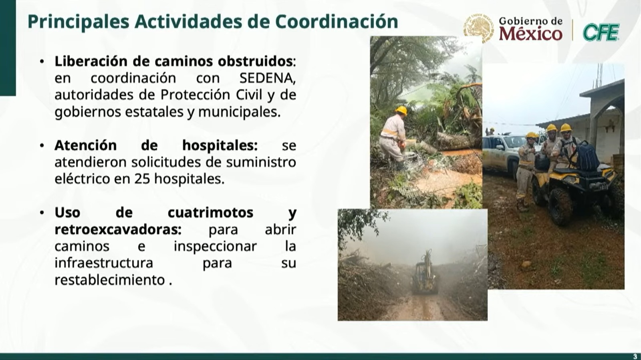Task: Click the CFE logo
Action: pos(601,32)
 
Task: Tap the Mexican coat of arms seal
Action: pos(478,28)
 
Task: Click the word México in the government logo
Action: pos(531,34)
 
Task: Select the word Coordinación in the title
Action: pos(337,22)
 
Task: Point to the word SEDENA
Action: pos(267,78)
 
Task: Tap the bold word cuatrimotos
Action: pos(210,213)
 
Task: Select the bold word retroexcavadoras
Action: pos(118,229)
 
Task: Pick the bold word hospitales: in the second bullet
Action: pos(220,146)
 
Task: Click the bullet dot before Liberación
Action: pos(42,62)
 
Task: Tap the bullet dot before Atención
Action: pos(42,145)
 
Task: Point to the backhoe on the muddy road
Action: pos(425,273)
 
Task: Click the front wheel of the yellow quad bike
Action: pos(560,207)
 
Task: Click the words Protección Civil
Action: pos(212,95)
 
